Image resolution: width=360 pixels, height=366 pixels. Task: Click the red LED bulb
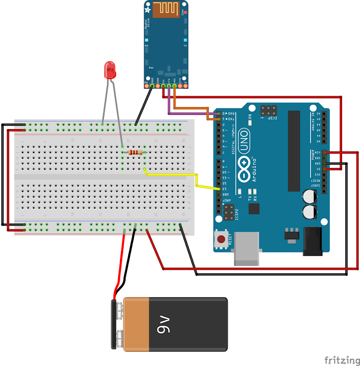(110, 70)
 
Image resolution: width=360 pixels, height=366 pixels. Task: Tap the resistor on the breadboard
(135, 152)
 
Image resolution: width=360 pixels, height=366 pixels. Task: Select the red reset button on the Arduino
(221, 238)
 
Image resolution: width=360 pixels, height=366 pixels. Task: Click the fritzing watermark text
(342, 360)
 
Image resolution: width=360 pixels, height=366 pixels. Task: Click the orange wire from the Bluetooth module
(192, 108)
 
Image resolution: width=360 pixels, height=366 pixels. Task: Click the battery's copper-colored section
(136, 324)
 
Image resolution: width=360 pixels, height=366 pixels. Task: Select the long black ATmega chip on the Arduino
(294, 151)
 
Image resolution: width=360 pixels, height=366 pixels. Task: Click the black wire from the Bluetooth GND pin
(144, 105)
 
